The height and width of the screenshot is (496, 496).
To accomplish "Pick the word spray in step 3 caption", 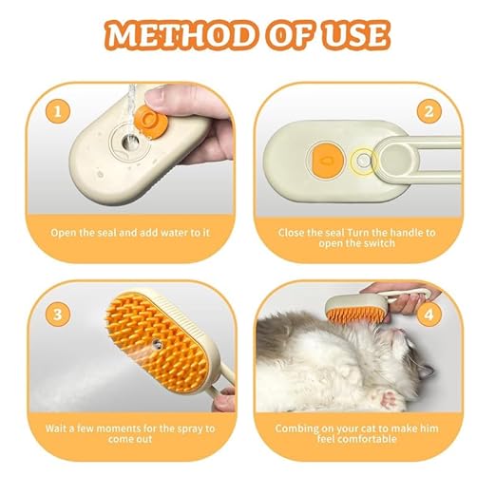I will point(188,427).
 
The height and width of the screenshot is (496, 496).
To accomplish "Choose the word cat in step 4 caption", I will point(360,427).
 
